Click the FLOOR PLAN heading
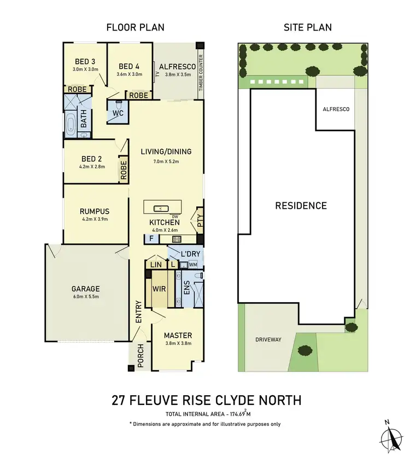pos(135,27)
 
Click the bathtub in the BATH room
pos(71,124)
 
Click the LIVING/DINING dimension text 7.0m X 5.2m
pos(166,162)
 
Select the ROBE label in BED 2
pos(123,171)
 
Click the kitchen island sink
pos(161,208)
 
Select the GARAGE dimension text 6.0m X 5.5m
pos(85,297)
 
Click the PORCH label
pos(140,357)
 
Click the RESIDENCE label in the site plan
pos(301,205)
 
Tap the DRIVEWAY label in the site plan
pos(268,339)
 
